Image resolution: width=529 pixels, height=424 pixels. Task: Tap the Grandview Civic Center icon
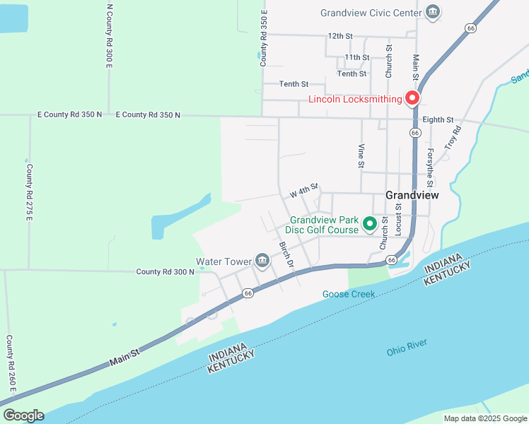(432, 12)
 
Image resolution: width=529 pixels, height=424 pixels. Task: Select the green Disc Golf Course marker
(369, 225)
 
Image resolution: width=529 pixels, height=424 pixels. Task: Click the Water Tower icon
(262, 261)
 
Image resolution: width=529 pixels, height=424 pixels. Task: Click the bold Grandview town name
(412, 195)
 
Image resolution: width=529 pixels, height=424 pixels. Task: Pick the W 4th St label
(305, 192)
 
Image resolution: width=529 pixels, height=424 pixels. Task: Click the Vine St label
(361, 155)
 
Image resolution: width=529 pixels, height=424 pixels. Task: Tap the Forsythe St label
(429, 165)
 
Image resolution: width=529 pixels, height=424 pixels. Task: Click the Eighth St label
(438, 120)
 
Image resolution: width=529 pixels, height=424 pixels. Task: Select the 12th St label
(339, 35)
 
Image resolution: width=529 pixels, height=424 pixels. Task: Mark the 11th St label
(356, 57)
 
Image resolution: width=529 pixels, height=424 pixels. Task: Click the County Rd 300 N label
(165, 271)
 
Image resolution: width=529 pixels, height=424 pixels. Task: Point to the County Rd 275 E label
(30, 192)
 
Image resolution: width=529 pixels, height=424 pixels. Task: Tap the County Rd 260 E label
(10, 365)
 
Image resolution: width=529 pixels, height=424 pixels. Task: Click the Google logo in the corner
(23, 415)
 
